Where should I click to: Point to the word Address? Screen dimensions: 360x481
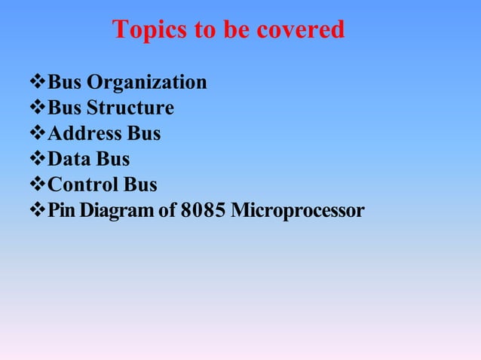84,134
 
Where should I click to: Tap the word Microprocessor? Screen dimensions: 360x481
298,211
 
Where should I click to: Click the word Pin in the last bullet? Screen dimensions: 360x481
61,211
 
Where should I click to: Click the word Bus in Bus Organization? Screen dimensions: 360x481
65,83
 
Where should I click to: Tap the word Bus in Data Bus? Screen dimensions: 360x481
113,160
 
